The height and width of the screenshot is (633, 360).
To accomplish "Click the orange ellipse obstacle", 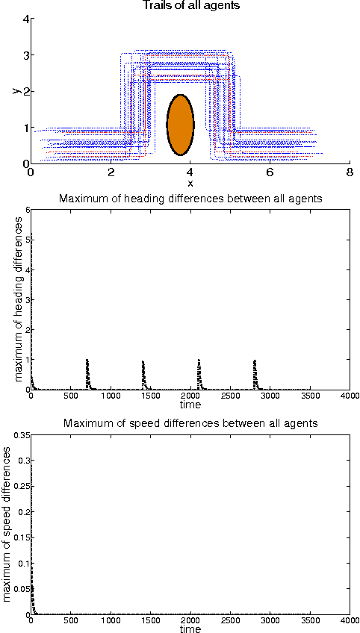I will point(180,125).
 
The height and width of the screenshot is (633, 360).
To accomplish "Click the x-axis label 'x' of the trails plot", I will point(190,183).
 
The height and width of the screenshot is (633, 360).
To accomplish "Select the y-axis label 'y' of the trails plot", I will point(16,90).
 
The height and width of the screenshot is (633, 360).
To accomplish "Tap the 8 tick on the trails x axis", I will point(349,172).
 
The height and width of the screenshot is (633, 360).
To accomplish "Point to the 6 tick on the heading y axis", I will point(25,210).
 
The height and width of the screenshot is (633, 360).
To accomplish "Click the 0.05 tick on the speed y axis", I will point(17,589).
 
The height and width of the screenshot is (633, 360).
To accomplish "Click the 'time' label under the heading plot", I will point(190,405).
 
